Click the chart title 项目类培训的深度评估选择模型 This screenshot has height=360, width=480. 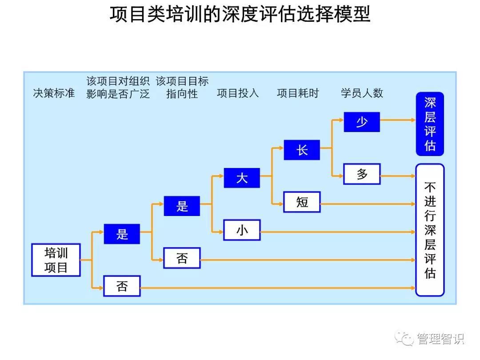click(x=240, y=15)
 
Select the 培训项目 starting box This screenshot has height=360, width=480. click(x=56, y=260)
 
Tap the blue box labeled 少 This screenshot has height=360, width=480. click(x=362, y=122)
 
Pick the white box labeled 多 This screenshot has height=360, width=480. click(x=362, y=174)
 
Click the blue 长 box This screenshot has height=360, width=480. click(x=302, y=150)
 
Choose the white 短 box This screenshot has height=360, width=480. click(x=302, y=202)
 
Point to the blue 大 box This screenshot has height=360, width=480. click(x=242, y=178)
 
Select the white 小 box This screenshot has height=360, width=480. click(x=242, y=230)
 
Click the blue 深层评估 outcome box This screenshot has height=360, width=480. click(x=430, y=124)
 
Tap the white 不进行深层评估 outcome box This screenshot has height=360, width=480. click(x=430, y=230)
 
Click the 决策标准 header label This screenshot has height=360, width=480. click(x=54, y=93)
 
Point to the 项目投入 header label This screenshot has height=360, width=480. click(x=238, y=93)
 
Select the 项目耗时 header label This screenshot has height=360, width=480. click(x=298, y=93)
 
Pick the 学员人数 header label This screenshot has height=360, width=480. click(x=362, y=93)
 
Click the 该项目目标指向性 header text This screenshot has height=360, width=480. click(x=182, y=88)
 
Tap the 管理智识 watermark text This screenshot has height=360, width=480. click(x=440, y=339)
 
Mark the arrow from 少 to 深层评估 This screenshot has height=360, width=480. click(x=398, y=120)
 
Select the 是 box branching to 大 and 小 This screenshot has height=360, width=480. click(x=182, y=206)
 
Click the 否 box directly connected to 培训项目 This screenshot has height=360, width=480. click(x=122, y=286)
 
